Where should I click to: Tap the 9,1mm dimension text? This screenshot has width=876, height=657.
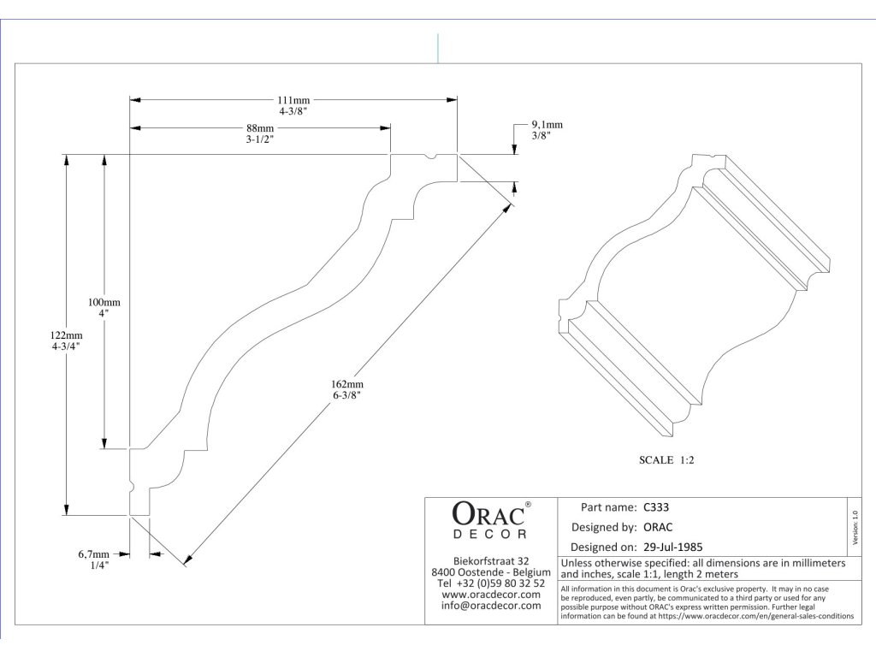(x=547, y=124)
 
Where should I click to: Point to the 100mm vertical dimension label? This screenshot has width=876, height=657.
(x=104, y=302)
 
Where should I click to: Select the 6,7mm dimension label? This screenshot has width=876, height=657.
(x=94, y=553)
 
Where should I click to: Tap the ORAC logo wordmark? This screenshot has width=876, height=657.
(x=486, y=513)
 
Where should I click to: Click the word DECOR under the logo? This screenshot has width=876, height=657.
(x=490, y=534)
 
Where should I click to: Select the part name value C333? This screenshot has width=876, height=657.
(x=656, y=506)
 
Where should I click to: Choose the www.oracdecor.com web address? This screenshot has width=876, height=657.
(x=491, y=594)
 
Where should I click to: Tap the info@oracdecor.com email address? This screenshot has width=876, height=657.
(x=491, y=605)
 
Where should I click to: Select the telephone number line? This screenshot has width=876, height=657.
(x=490, y=583)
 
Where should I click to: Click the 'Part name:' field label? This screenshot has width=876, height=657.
(x=608, y=506)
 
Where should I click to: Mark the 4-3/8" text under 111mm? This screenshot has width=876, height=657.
(x=293, y=111)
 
